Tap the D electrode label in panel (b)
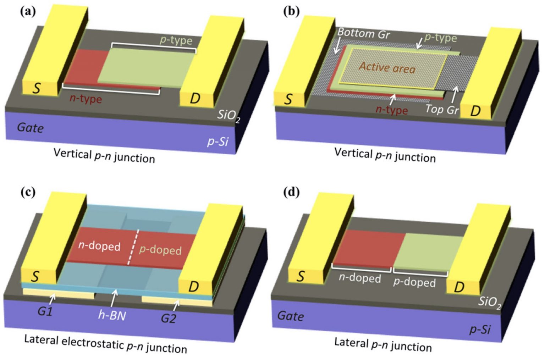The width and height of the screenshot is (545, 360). [x=475, y=111]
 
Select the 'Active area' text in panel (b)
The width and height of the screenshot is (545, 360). [x=387, y=67]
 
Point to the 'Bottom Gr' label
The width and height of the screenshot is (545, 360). [x=363, y=33]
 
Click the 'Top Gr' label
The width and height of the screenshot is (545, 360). [x=442, y=109]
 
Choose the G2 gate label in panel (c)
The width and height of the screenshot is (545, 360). [x=168, y=318]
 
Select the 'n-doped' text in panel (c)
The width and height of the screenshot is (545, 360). [x=99, y=246]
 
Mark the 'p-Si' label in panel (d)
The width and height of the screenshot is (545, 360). [x=480, y=329]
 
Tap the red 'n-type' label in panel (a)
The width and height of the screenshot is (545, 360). [x=86, y=98]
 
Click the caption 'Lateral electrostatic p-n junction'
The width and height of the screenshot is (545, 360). [x=105, y=343]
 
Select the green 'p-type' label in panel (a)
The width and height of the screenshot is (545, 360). [x=176, y=40]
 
